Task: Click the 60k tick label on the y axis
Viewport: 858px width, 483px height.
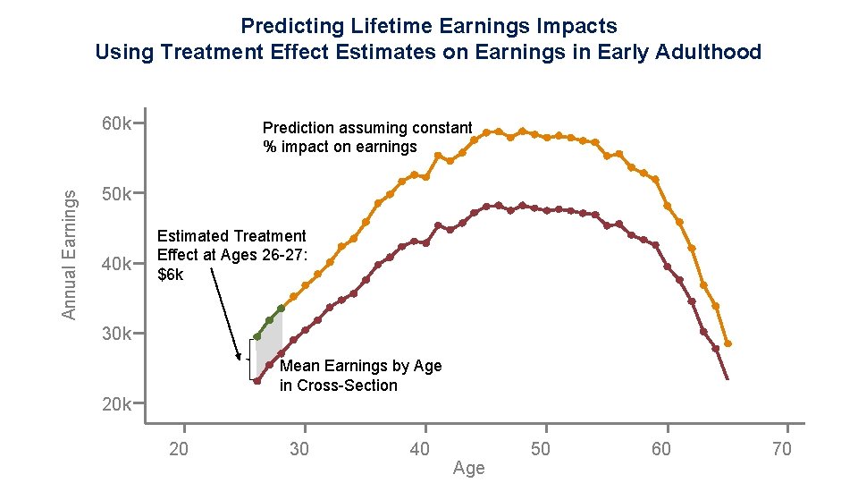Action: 116,123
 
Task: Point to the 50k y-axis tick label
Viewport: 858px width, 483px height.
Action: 116,193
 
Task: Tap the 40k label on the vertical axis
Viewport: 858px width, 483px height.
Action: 116,264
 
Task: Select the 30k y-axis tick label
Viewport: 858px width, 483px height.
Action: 116,334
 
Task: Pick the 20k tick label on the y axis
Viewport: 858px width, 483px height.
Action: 116,404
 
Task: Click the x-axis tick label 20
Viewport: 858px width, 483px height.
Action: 179,449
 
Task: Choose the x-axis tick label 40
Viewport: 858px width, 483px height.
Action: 419,449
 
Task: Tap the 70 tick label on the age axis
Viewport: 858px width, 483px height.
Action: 780,449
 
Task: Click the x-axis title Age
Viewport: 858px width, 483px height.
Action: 468,469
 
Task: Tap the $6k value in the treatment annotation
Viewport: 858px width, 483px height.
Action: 170,275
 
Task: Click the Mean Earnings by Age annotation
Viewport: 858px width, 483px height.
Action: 360,366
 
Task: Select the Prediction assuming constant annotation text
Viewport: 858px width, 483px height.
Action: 366,128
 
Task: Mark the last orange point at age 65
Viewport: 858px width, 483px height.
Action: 728,343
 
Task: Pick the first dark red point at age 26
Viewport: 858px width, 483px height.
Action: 257,381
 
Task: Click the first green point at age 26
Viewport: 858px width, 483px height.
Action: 257,336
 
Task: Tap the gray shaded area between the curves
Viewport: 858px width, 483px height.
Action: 269,349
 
